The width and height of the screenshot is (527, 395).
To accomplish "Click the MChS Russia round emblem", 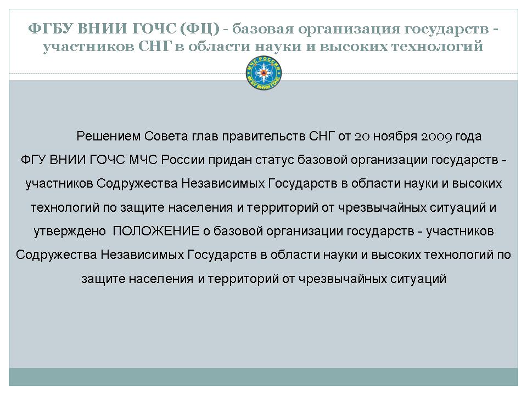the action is (x=264, y=73).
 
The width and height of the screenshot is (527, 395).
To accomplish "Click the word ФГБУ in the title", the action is (x=51, y=29).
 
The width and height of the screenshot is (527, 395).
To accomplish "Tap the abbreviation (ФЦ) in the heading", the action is (x=200, y=29).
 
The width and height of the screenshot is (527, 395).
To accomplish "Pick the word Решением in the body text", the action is (x=109, y=137).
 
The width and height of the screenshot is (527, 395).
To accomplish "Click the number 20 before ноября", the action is (x=362, y=137).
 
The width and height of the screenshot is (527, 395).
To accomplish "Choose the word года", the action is (x=468, y=137).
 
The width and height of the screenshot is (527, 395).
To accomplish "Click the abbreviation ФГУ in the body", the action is (x=33, y=159).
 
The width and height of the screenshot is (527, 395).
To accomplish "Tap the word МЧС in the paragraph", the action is (x=143, y=159).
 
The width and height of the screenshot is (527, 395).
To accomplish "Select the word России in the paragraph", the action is (x=183, y=160).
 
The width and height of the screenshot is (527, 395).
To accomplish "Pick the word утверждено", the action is (x=70, y=232).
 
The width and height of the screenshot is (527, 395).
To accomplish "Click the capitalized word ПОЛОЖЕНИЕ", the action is (x=156, y=231).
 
